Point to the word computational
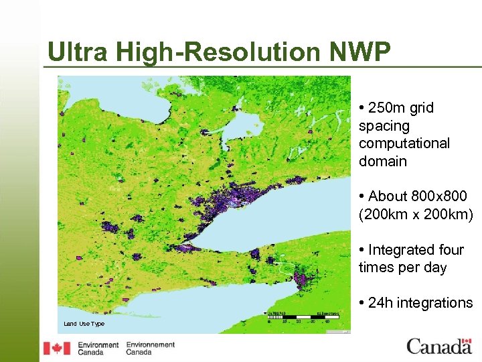[404, 143]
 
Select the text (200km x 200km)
[415, 215]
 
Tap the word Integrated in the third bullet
[416, 250]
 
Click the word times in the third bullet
[375, 267]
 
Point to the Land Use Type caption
[84, 324]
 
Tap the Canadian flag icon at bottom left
[57, 348]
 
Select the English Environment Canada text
[98, 348]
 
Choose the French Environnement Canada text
[150, 348]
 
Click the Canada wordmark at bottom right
[439, 347]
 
